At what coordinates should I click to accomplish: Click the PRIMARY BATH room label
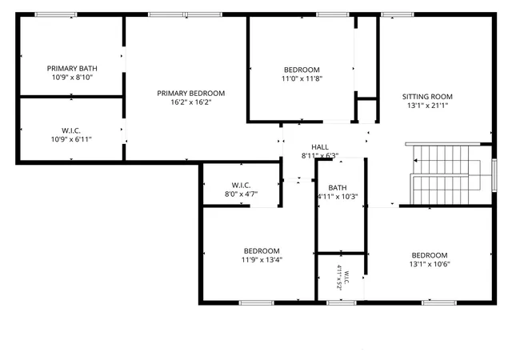(x=72, y=69)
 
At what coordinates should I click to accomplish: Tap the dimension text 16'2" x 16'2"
(x=191, y=102)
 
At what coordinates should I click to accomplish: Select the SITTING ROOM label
(x=427, y=97)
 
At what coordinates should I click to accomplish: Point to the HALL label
(x=320, y=147)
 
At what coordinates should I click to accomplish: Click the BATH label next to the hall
(x=338, y=188)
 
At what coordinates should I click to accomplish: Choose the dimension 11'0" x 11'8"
(x=302, y=78)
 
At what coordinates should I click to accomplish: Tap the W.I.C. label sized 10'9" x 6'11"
(x=71, y=130)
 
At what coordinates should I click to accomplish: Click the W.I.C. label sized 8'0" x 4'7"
(x=242, y=186)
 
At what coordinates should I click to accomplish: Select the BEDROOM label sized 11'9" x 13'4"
(x=262, y=251)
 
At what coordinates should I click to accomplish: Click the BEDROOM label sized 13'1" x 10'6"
(x=430, y=255)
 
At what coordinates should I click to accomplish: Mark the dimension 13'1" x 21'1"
(x=427, y=106)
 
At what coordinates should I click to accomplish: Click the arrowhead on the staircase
(x=415, y=160)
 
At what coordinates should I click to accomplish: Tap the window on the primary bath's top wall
(x=56, y=14)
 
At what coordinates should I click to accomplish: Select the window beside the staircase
(x=494, y=175)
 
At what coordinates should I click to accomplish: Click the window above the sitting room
(x=398, y=14)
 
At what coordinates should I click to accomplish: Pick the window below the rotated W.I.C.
(x=342, y=303)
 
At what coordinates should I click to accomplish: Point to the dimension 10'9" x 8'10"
(x=73, y=78)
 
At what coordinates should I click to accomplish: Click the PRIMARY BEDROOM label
(x=191, y=94)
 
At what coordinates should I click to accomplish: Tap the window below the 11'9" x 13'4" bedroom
(x=257, y=303)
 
